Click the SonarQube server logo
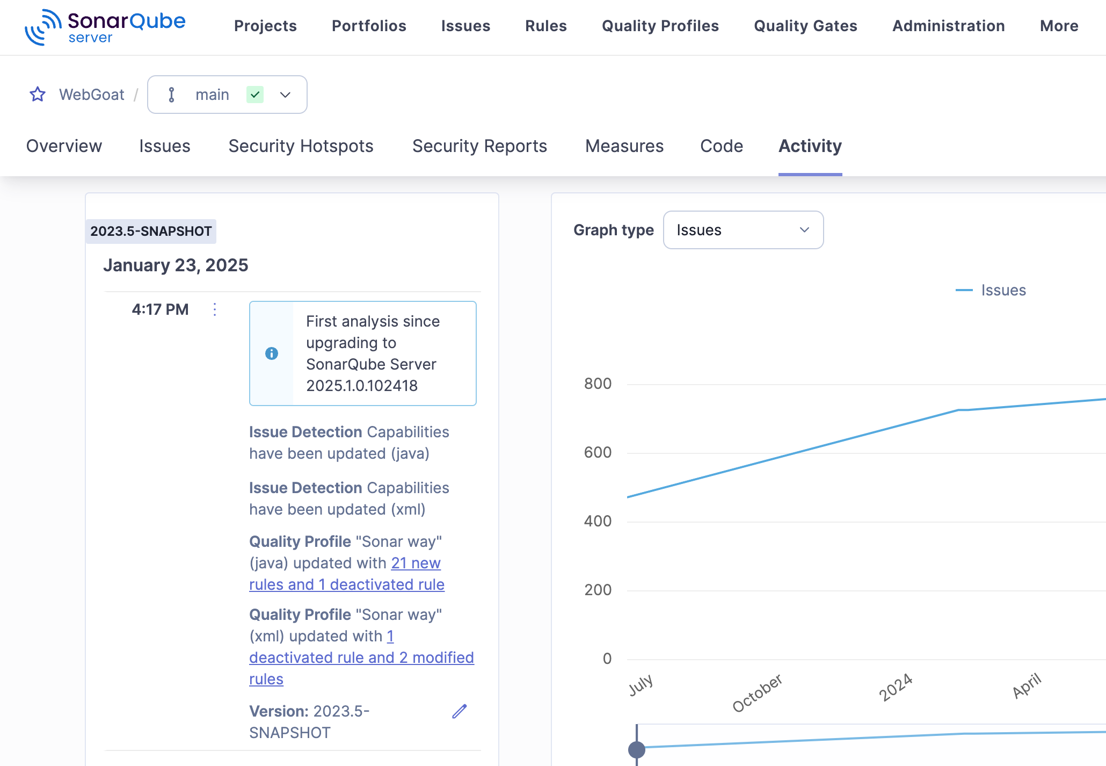coord(105,27)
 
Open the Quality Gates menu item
coord(805,26)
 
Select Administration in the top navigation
coord(948,26)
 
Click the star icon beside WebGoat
coord(38,95)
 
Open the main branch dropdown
coord(227,95)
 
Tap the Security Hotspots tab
coord(301,146)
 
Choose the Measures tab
coord(624,146)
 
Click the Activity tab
coord(810,146)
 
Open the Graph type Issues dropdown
coord(743,230)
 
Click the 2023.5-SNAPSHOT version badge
coord(151,232)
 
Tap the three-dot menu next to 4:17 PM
coord(215,309)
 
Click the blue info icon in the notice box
coord(272,353)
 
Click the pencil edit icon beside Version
coord(460,711)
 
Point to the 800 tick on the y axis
coord(598,384)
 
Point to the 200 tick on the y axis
coord(598,590)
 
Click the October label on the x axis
coord(757,692)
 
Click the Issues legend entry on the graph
coord(1003,290)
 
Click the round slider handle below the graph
coord(637,749)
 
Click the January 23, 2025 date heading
coord(176,265)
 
